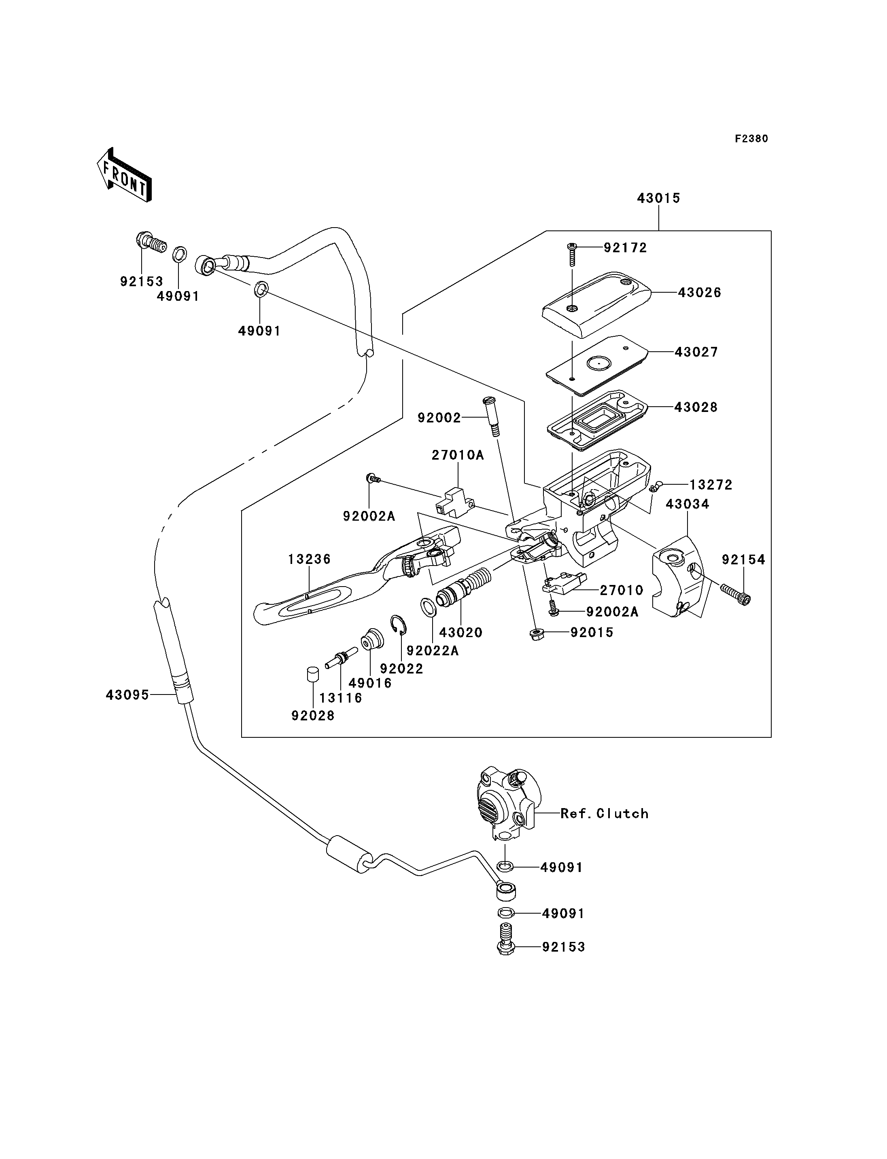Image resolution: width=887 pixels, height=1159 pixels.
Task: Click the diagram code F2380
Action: pos(751,139)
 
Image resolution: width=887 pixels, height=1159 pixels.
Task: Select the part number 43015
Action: pos(658,198)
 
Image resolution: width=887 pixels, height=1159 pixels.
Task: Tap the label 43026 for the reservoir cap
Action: pos(699,292)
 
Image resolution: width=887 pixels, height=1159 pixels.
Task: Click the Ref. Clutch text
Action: pos(604,813)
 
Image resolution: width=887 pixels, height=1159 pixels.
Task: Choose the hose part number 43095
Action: pos(127,695)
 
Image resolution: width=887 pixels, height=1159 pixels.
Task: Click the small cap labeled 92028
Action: pos(312,674)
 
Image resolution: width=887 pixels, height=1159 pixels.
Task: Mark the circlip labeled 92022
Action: pos(400,625)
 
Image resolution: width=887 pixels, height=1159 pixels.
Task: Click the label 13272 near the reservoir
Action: pos(711,485)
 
